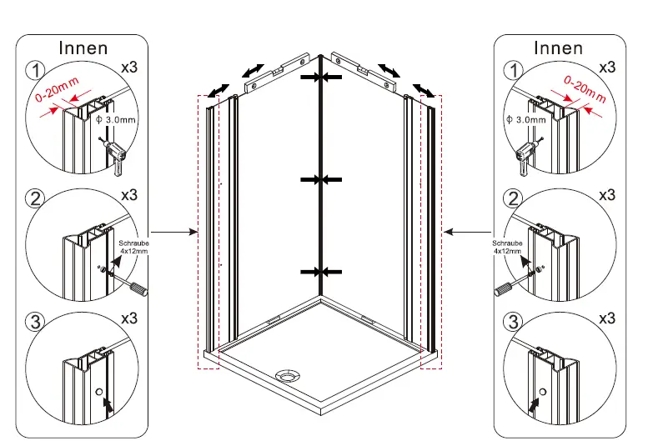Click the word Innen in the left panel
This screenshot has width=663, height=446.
coord(83,48)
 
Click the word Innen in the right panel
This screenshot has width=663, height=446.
coord(558,48)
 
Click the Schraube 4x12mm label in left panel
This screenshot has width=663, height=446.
coord(133,246)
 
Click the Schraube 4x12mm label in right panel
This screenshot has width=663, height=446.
coord(507,246)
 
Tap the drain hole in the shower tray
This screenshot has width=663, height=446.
coord(288,376)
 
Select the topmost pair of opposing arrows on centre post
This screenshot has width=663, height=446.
coord(321,77)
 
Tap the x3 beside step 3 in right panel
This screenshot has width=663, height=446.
coord(606,318)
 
